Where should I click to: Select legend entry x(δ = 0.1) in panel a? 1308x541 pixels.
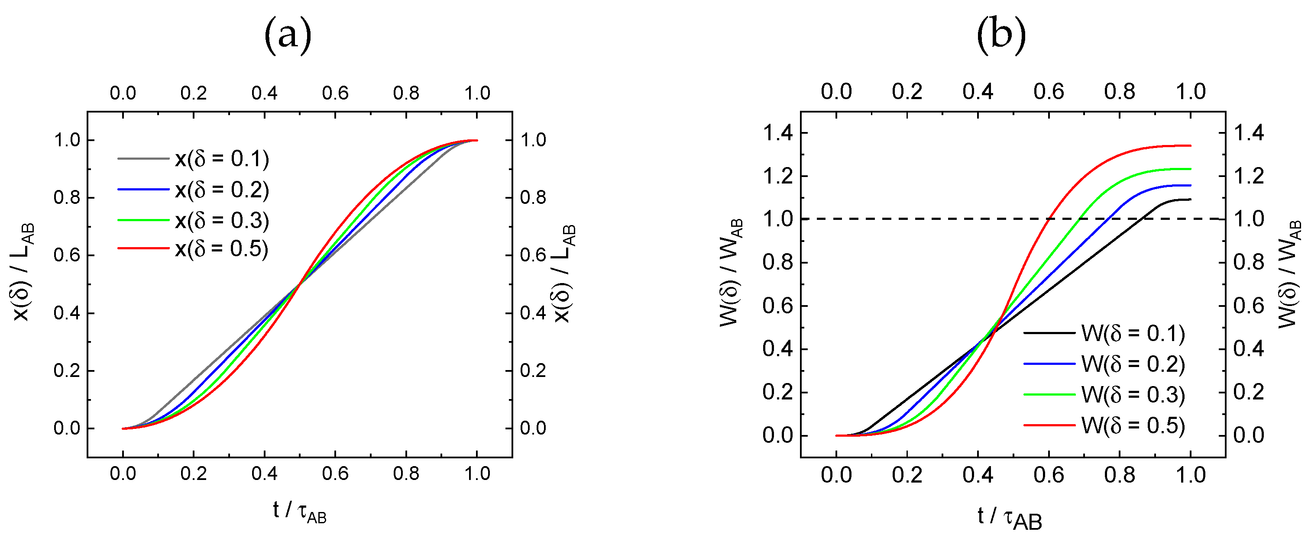(x=222, y=159)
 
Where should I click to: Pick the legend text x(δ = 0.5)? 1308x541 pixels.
(x=222, y=249)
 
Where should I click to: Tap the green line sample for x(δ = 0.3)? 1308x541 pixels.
(x=143, y=220)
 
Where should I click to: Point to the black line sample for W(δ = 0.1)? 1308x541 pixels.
(x=1049, y=333)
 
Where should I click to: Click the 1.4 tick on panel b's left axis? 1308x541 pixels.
(x=777, y=133)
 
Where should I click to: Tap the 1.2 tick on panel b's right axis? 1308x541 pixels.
(x=1249, y=176)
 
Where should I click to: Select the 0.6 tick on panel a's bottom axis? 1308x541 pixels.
(x=335, y=473)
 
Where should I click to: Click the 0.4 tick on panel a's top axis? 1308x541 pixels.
(x=264, y=93)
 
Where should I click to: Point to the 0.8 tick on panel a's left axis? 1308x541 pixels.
(x=67, y=197)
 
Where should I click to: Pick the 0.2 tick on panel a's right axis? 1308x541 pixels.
(x=533, y=370)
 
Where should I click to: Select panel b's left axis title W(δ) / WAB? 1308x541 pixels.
(x=732, y=273)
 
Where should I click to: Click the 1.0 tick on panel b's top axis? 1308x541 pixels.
(x=1190, y=92)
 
